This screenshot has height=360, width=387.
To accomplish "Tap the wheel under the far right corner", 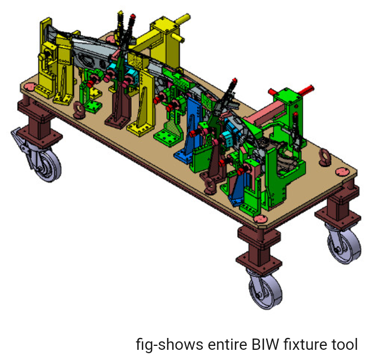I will click(343, 242).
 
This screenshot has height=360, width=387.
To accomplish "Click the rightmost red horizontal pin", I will click(305, 89).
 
